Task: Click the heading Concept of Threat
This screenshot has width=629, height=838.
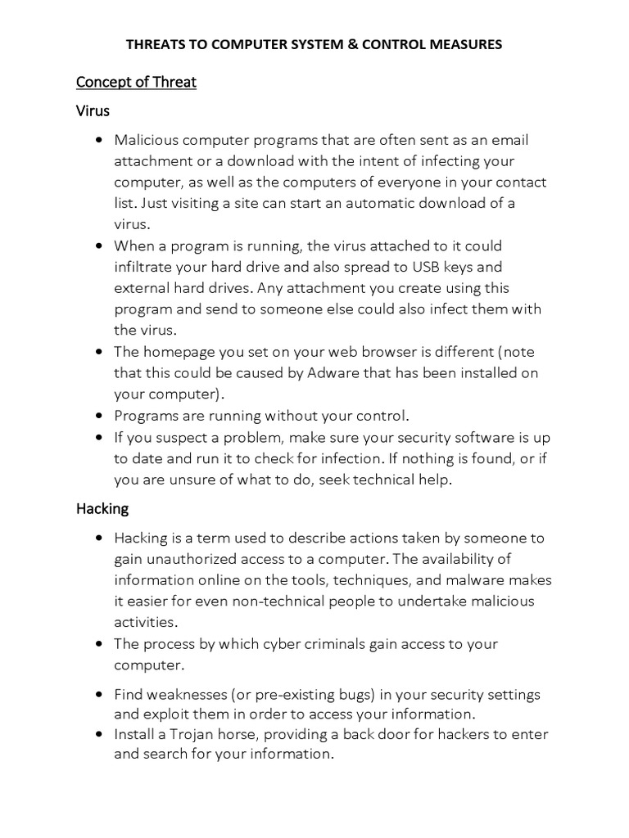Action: coord(136,82)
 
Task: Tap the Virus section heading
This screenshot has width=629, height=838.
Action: coord(93,110)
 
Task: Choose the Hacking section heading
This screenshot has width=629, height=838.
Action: coord(102,508)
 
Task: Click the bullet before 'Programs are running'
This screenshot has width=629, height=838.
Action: coord(98,416)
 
